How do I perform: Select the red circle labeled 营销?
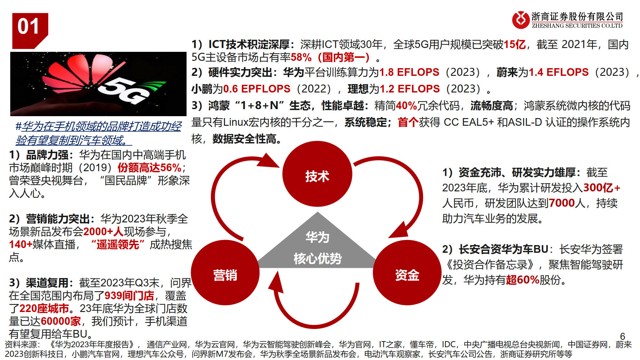pyautogui.click(x=225, y=275)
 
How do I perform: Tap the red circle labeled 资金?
pyautogui.click(x=407, y=275)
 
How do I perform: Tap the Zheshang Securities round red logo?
pyautogui.click(x=521, y=20)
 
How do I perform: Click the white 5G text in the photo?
pyautogui.click(x=123, y=90)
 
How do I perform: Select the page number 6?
pyautogui.click(x=622, y=336)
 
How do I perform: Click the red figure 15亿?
pyautogui.click(x=515, y=44)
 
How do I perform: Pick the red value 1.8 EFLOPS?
pyautogui.click(x=409, y=72)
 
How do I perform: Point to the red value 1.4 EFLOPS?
pyautogui.click(x=558, y=72)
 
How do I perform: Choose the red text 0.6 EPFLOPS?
pyautogui.click(x=257, y=89)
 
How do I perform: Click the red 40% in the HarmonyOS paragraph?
pyautogui.click(x=406, y=106)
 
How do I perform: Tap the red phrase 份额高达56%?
pyautogui.click(x=149, y=168)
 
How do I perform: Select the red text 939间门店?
pyautogui.click(x=129, y=296)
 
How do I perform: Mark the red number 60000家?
pyautogui.click(x=61, y=321)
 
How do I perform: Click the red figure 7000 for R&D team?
pyautogui.click(x=562, y=203)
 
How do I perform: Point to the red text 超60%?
pyautogui.click(x=523, y=280)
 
